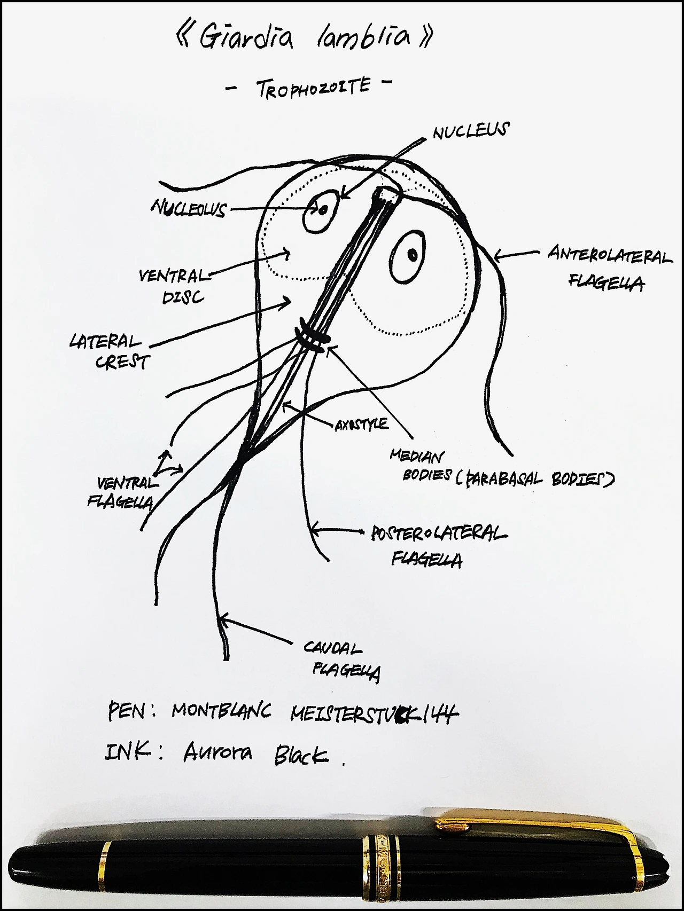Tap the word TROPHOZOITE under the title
313,88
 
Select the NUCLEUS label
471,131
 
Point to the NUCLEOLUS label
189,208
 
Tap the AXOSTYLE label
361,425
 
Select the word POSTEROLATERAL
439,533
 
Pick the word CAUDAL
332,648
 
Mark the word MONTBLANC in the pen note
221,711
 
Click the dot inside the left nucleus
323,210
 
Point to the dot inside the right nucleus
413,254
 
